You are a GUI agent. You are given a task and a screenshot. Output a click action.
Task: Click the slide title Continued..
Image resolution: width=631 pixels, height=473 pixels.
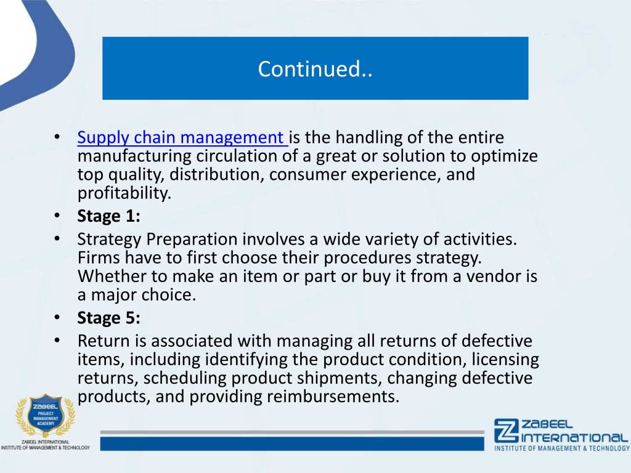click(315, 69)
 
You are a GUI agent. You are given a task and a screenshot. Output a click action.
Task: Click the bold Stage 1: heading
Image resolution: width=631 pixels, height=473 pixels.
click(108, 216)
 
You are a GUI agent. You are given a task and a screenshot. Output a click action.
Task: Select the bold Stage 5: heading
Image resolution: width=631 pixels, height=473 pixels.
click(108, 318)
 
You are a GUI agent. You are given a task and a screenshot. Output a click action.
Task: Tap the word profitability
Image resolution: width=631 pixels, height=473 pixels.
click(124, 193)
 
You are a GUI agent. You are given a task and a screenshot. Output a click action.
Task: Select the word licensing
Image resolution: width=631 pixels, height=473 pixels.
click(505, 360)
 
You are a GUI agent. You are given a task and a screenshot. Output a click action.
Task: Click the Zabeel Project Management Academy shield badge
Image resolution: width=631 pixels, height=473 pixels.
click(46, 416)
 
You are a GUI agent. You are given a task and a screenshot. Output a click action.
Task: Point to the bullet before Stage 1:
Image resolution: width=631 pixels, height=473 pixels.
click(57, 216)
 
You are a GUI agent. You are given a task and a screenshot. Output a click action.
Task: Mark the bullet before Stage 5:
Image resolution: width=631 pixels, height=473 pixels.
click(57, 317)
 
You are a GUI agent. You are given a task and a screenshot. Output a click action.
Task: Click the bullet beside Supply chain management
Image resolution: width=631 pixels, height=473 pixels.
click(57, 137)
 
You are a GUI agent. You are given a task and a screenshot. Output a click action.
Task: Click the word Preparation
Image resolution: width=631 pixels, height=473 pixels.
click(192, 240)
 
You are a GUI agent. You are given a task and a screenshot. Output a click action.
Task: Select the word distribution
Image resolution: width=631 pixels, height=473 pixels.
click(216, 174)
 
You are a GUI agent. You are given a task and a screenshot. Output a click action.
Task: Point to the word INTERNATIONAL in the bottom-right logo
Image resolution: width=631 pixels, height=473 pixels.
click(575, 437)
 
